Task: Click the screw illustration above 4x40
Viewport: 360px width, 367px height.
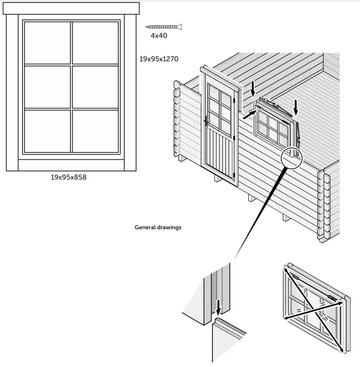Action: click(163, 27)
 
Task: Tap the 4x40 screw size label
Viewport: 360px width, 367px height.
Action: click(159, 36)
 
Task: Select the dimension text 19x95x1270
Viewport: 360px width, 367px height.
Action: click(159, 59)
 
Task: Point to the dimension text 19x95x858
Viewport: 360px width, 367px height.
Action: click(69, 177)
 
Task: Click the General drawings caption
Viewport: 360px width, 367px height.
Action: click(158, 227)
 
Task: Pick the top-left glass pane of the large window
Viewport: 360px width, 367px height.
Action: click(47, 43)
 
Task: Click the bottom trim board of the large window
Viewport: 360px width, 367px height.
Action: click(71, 165)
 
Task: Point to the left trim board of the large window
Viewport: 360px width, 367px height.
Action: click(12, 92)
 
